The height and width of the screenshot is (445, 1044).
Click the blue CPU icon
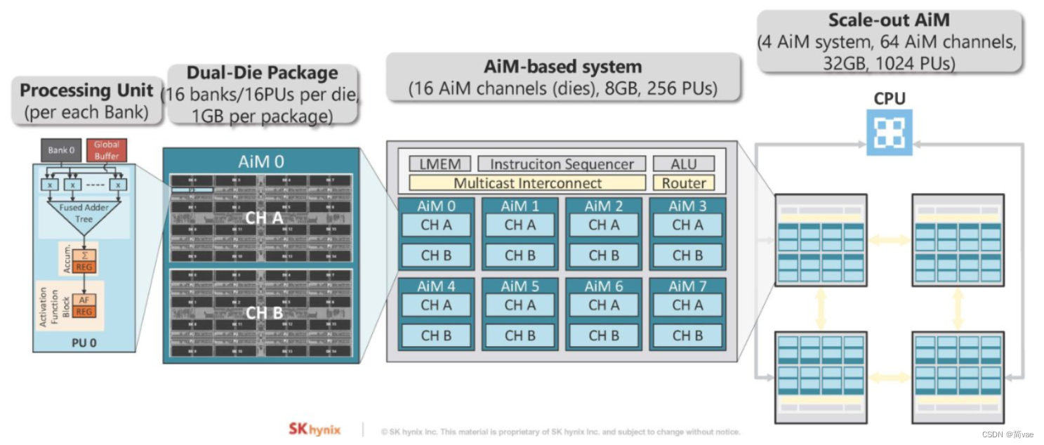[889, 132]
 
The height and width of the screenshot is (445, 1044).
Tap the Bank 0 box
[62, 150]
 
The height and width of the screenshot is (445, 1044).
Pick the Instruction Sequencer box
[561, 164]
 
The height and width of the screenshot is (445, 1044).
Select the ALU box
[684, 164]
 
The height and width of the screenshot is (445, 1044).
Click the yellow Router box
[684, 183]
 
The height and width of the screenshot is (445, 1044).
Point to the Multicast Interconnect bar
[527, 183]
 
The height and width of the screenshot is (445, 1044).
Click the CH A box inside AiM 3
[687, 225]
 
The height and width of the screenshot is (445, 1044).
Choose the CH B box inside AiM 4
[436, 336]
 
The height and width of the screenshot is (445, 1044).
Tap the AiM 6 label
[603, 286]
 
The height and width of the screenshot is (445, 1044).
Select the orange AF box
[84, 300]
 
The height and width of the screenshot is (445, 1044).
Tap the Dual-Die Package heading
[261, 73]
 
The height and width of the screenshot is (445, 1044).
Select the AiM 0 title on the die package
[261, 161]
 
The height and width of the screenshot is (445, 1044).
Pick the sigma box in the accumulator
[84, 256]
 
